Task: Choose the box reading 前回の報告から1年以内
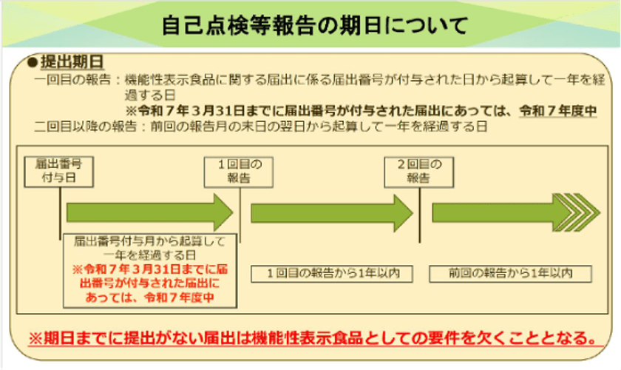click(x=510, y=273)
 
